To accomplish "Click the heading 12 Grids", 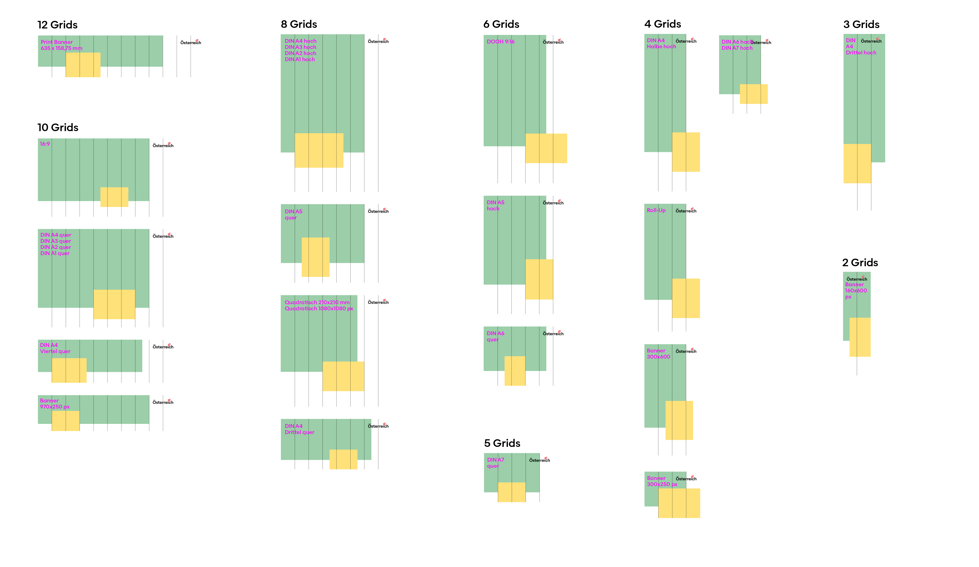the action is [58, 25].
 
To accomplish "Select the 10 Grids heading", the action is [58, 128].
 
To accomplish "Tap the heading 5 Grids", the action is [502, 443].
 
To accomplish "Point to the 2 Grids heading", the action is [860, 263].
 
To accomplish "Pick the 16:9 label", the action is [45, 144].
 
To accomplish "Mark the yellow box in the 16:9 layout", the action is [114, 197].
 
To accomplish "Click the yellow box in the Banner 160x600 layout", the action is [860, 337].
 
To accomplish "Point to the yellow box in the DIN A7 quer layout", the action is [512, 492].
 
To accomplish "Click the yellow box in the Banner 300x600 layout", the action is [679, 420].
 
